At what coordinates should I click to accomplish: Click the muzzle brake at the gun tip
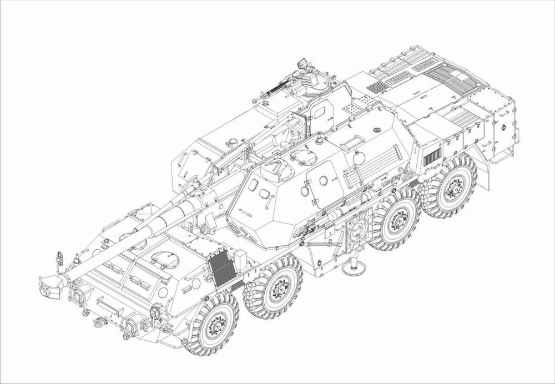pos(49,285)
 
